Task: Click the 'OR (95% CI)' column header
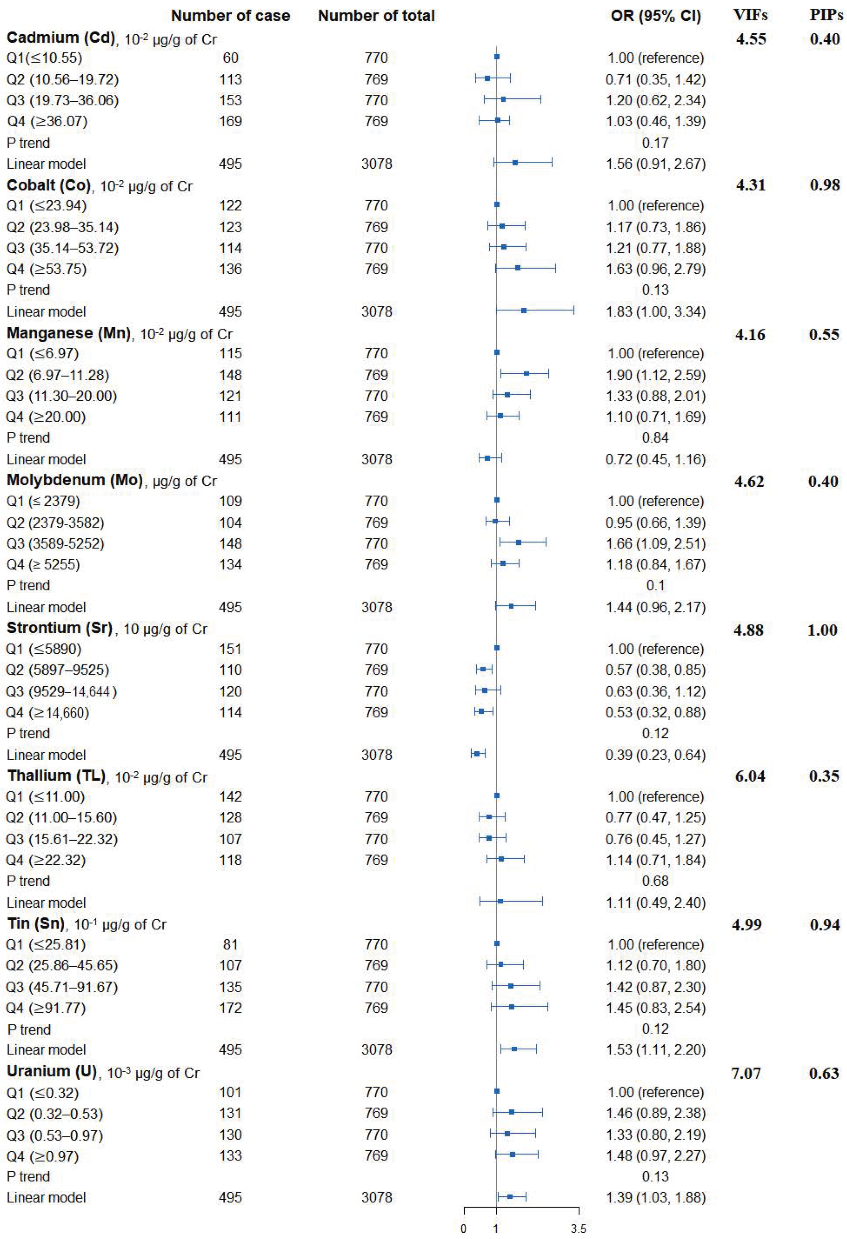click(655, 16)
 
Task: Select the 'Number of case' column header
click(230, 16)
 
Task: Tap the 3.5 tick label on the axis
click(578, 1229)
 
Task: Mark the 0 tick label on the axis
click(464, 1229)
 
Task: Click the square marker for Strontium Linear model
click(477, 753)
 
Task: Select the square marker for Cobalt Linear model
click(524, 310)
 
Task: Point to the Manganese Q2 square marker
click(526, 373)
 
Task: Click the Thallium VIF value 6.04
click(750, 776)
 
